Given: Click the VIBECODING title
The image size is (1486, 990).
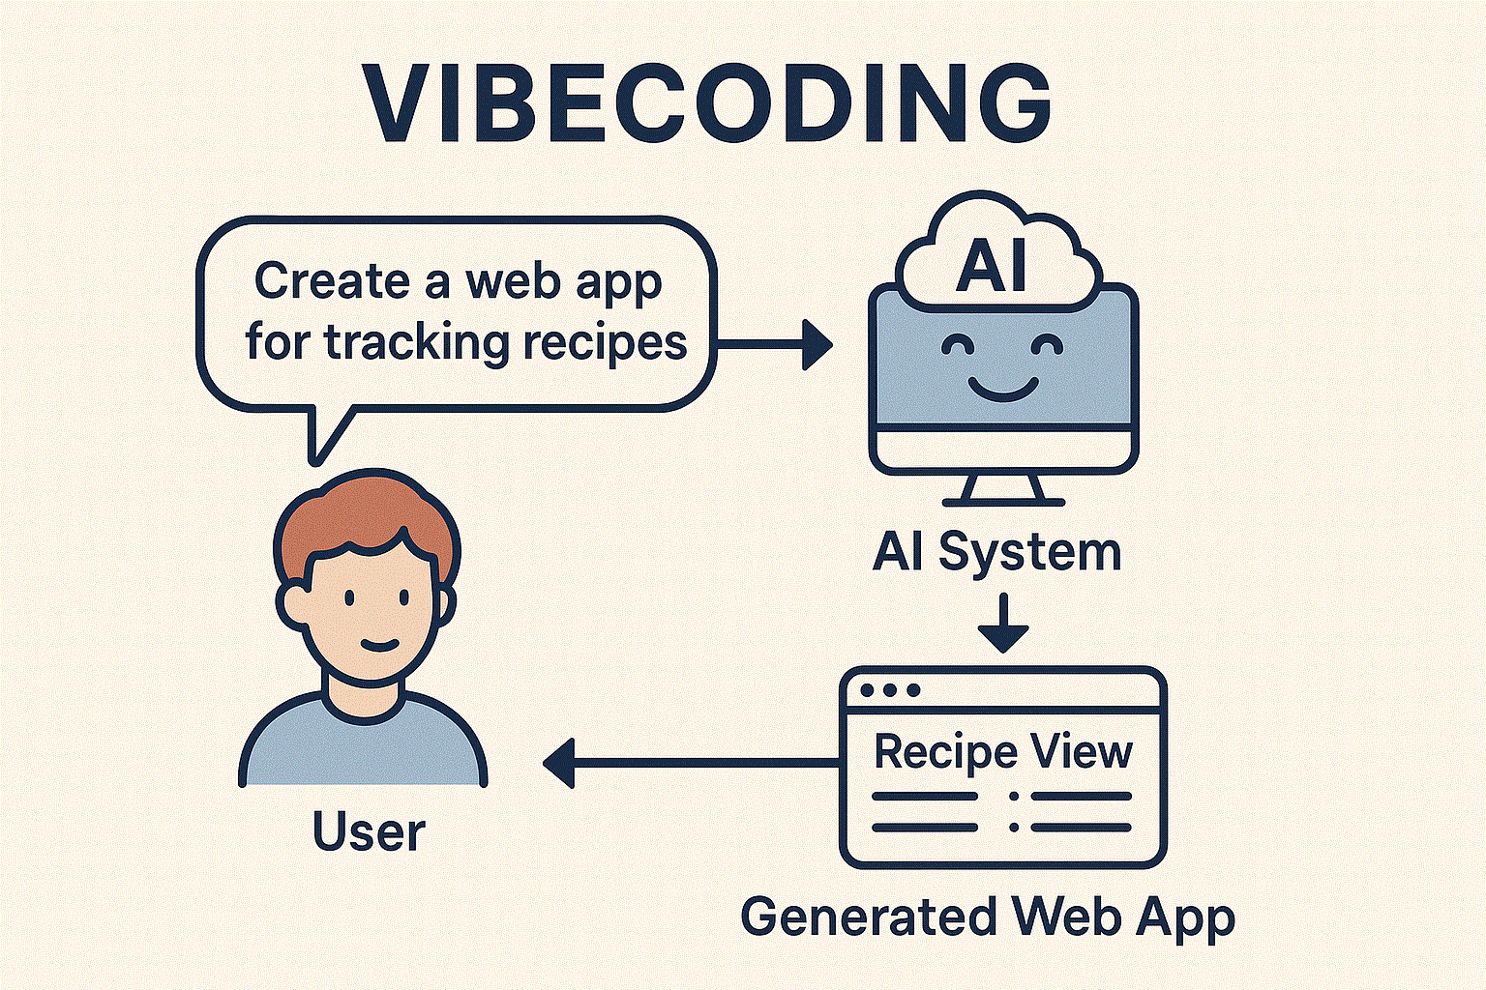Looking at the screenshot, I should point(706,104).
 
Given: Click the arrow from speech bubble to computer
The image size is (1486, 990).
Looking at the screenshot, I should point(774,344).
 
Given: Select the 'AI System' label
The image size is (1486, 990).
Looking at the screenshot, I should point(996,553).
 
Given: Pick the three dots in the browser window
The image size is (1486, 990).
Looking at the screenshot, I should point(889,690).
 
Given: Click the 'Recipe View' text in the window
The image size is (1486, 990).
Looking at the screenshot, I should point(1002,751).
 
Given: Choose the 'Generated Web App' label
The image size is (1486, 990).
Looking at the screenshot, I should point(987,917).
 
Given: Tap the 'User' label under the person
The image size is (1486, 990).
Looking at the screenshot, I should point(369,832).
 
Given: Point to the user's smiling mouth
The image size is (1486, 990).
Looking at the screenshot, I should point(378,645).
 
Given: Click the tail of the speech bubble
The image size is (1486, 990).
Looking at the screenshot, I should point(324,435).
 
